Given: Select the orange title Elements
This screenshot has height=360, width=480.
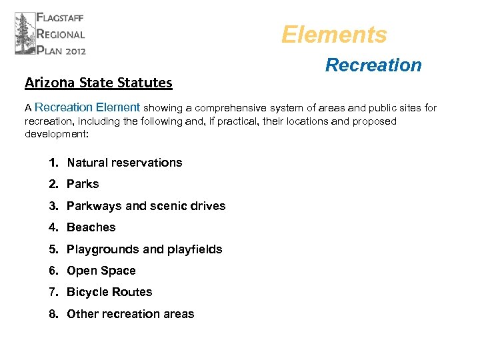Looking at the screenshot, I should (x=334, y=35).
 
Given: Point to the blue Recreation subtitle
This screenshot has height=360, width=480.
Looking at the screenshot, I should (x=373, y=65).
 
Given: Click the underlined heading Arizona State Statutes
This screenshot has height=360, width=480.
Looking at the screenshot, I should (x=99, y=83).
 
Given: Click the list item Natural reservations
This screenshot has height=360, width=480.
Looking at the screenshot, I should (x=125, y=163).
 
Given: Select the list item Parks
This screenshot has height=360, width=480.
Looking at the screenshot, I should (x=83, y=184).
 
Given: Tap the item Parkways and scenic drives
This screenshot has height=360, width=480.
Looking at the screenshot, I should (x=146, y=206).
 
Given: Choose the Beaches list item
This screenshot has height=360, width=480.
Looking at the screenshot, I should (x=91, y=227).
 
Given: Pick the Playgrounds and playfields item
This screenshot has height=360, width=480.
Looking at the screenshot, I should (x=145, y=249).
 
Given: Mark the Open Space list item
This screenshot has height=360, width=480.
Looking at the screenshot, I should (x=101, y=271).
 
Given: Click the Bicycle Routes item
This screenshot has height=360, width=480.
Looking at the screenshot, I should (x=109, y=292).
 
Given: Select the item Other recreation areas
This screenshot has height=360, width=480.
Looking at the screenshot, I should (x=131, y=314).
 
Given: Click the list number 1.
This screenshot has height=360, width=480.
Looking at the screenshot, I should (x=53, y=163).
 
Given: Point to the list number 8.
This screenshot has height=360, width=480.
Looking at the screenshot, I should (x=53, y=314).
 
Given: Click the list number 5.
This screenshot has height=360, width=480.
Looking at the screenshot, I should (x=53, y=249).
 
